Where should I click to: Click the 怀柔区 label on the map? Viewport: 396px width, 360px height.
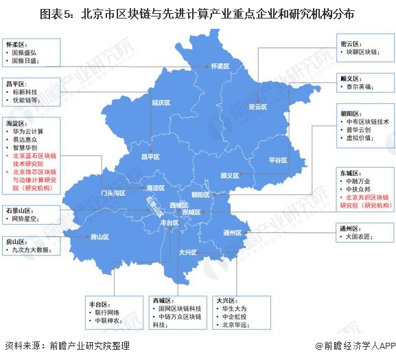point(218,66)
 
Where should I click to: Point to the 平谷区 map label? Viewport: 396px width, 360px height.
point(277,159)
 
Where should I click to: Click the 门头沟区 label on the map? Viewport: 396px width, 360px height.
point(113,193)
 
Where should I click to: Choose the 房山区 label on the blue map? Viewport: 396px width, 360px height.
point(100,236)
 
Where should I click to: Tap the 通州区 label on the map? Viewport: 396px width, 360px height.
point(233,232)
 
